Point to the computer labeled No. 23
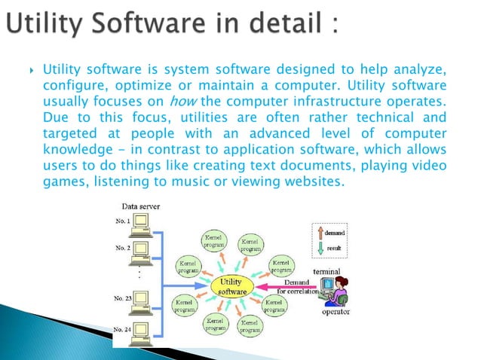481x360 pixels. tap(139, 301)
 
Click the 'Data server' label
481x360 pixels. tap(139, 206)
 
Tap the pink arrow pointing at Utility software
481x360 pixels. tap(286, 287)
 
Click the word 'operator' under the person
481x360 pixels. tap(336, 311)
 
